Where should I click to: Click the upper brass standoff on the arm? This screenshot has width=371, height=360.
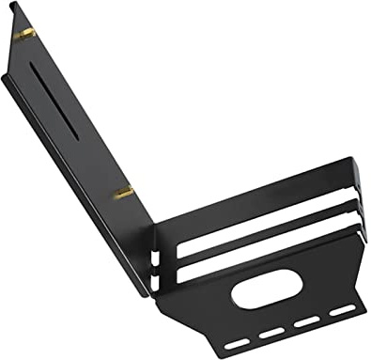coord(27,34)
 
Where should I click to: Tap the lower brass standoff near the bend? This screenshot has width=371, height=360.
coord(123,195)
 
